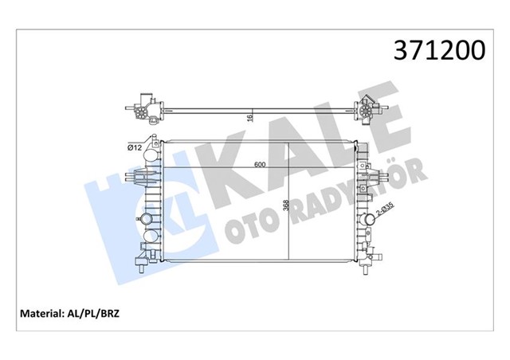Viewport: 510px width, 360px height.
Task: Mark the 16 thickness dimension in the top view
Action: (249, 118)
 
